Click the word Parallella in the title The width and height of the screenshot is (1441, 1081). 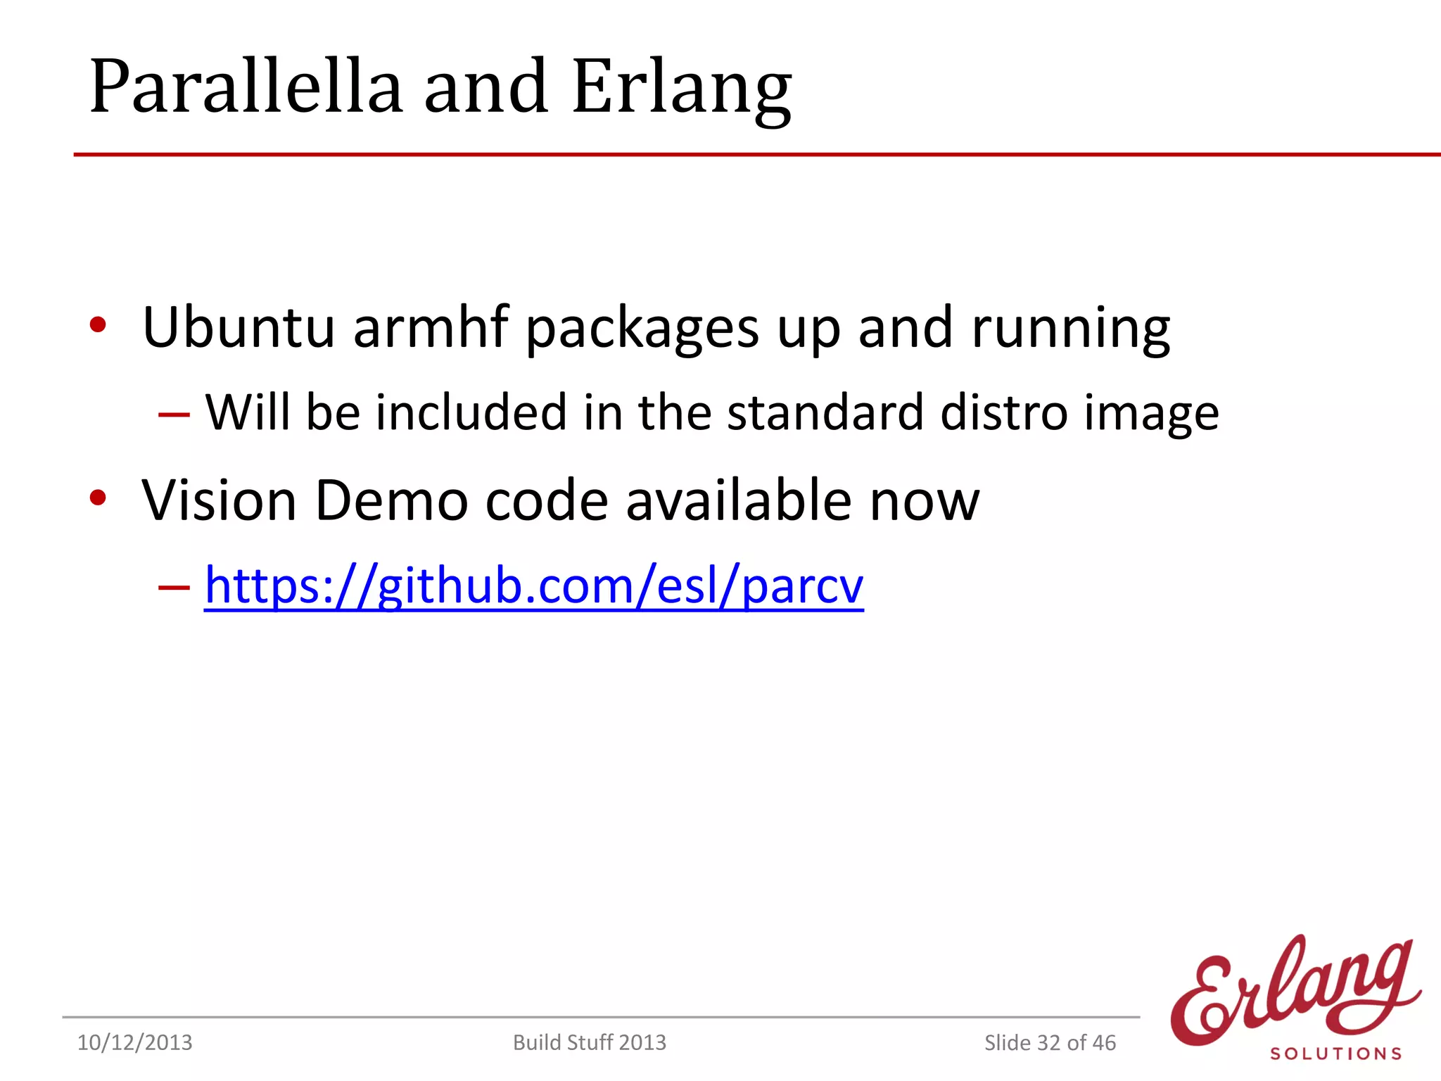point(246,88)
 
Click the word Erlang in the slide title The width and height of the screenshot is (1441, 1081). point(681,88)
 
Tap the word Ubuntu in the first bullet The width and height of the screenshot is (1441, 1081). point(239,327)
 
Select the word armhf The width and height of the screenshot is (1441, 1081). point(430,327)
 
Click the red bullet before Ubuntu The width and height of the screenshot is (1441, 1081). point(98,325)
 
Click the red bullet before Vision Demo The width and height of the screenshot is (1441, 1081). point(98,498)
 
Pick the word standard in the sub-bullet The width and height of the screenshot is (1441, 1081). point(825,412)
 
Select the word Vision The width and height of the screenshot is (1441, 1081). point(219,500)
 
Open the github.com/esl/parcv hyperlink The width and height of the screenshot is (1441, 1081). point(533,586)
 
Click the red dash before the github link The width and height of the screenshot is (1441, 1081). point(174,586)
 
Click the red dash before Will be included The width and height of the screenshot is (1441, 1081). point(174,414)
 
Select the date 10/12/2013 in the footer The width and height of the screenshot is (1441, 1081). point(134,1042)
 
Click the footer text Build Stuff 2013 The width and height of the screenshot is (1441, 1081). point(589,1042)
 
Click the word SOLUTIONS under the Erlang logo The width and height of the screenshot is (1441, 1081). point(1335,1054)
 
